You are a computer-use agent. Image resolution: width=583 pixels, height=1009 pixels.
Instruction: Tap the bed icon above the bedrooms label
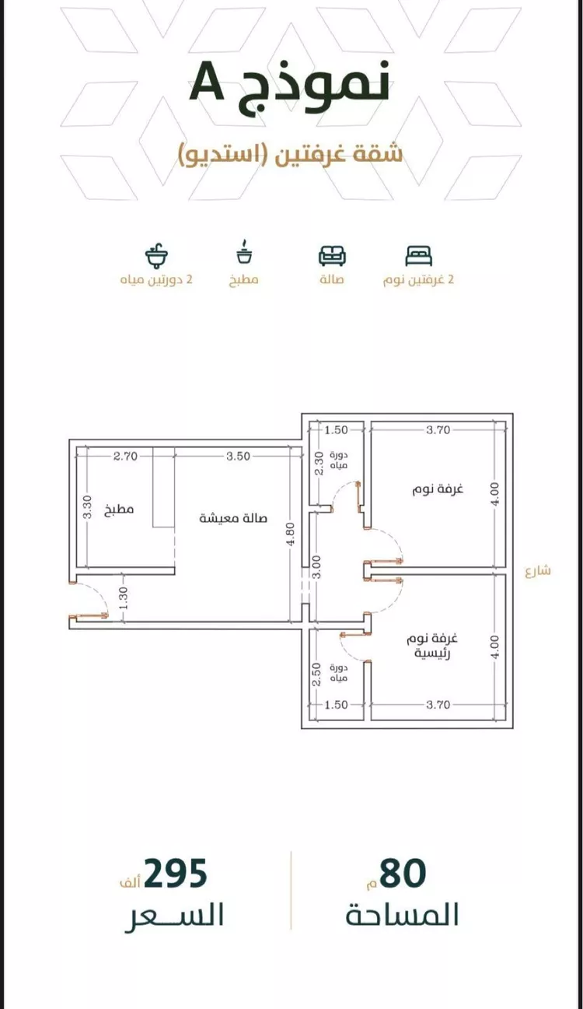point(418,256)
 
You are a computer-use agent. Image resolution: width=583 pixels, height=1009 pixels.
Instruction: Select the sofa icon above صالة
point(332,255)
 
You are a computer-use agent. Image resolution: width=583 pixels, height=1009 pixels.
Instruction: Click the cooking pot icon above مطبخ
point(244,252)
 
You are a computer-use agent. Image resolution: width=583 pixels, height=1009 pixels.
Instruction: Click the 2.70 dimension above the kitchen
point(125,457)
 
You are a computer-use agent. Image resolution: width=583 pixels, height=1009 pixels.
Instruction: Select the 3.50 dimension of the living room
point(238,457)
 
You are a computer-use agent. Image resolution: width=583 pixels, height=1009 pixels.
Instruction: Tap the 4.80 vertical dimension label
point(291,534)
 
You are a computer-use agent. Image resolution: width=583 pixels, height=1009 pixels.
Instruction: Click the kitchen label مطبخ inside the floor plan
point(119,510)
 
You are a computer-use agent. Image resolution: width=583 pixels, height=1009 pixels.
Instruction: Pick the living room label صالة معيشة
point(233,518)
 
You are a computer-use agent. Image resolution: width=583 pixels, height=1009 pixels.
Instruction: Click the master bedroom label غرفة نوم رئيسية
point(431,646)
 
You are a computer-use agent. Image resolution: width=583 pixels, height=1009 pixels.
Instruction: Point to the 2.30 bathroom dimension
point(318,464)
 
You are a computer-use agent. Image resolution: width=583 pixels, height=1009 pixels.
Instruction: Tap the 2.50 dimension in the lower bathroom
point(317,674)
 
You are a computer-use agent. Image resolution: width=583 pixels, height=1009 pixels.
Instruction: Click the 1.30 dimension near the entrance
point(124,597)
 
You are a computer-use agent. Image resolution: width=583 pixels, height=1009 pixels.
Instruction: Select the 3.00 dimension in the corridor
point(317,567)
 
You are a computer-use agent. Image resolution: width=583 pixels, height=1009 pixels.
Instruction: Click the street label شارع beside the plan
point(538,571)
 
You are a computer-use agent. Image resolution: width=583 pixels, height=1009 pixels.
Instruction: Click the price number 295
point(176,873)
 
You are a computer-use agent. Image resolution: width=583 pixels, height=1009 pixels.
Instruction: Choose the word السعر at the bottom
point(174,916)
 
